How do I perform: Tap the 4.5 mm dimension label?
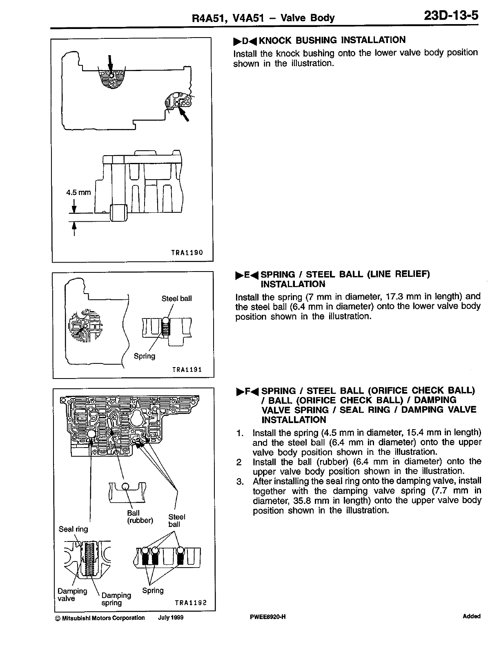tap(78, 192)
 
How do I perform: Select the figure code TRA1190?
tap(187, 253)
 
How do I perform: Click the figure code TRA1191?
tap(187, 370)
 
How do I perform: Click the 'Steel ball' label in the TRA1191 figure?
tap(176, 298)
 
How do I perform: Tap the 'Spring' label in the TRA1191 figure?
tap(145, 356)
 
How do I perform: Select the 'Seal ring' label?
tap(73, 529)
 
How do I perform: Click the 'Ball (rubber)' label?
tap(140, 517)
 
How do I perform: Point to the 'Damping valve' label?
tap(72, 595)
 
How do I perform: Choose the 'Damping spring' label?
tap(116, 599)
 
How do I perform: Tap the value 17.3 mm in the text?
tap(394, 296)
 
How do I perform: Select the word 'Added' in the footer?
tap(471, 617)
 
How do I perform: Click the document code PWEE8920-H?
tap(267, 617)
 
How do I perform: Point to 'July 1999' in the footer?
tap(170, 618)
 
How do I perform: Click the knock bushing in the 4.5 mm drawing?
tap(119, 213)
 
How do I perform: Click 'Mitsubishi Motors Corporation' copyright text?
tap(102, 618)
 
